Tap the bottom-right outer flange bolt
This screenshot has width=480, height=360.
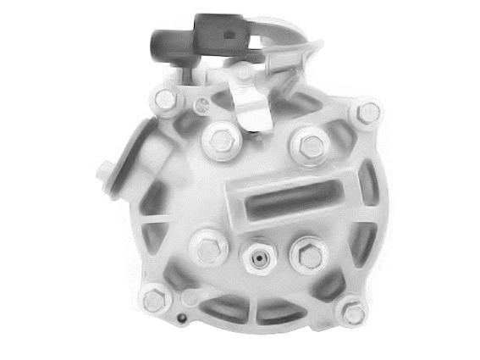point(353,313)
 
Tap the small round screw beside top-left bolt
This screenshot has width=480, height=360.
point(202,108)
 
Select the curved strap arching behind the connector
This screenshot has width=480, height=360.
point(284,34)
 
